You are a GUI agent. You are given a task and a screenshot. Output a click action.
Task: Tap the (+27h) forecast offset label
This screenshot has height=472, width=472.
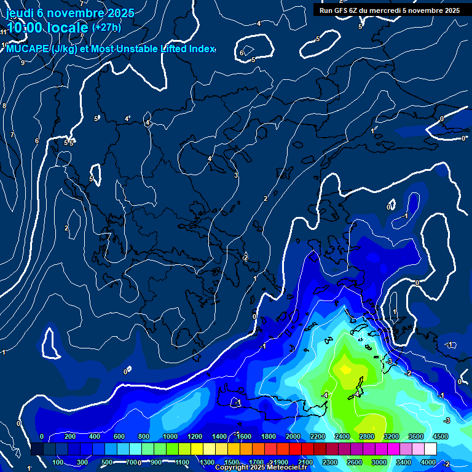point(106,27)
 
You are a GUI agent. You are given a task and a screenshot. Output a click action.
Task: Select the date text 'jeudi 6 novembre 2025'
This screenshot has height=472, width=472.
point(70,13)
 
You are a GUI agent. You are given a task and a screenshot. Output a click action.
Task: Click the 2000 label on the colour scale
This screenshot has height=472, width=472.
point(293,436)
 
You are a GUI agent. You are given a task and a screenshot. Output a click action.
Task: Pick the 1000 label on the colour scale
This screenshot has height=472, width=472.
point(170,436)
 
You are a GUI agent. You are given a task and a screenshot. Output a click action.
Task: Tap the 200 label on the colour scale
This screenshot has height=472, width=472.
point(70,436)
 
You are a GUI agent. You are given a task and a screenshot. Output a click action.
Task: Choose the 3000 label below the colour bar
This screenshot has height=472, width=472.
point(379,462)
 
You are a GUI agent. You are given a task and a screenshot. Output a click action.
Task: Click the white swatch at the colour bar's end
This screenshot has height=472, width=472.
point(430,449)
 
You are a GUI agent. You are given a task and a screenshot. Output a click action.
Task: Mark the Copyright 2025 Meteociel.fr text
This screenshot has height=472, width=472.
point(261,468)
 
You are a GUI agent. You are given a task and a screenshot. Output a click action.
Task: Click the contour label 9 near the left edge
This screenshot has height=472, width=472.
point(23,63)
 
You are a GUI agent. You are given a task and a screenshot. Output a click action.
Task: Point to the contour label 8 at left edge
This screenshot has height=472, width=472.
point(4,106)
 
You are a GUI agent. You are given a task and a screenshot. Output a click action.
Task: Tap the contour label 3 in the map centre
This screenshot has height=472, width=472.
point(235,175)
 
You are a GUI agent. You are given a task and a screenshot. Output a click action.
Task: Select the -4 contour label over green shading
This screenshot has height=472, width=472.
point(324,395)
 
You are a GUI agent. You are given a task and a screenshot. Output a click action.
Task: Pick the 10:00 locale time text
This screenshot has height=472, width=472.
point(47,28)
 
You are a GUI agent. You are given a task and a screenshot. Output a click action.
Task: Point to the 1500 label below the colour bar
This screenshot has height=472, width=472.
point(231,462)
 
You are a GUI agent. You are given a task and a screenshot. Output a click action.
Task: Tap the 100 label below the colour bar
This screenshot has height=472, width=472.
point(58,462)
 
